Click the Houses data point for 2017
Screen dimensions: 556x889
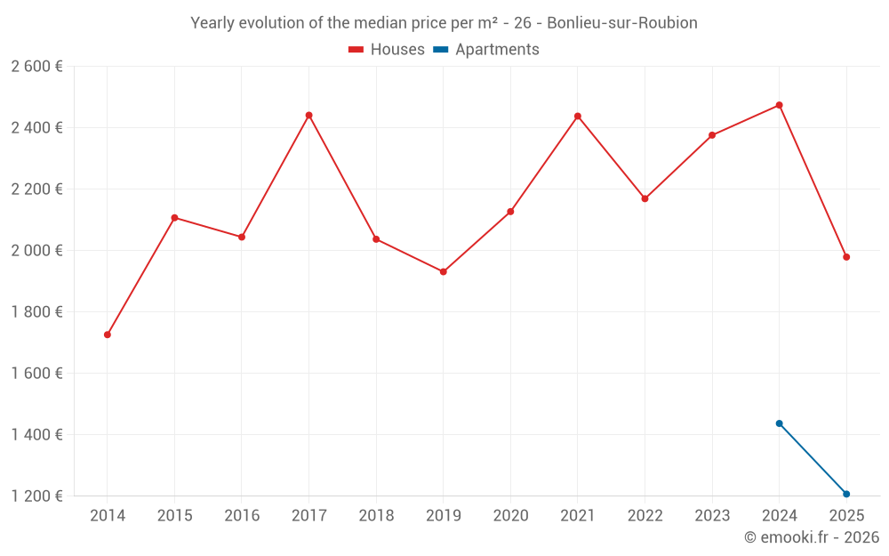[308, 115]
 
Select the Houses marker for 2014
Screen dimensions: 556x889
[108, 334]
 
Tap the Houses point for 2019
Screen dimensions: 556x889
[444, 271]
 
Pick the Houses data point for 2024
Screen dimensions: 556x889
[779, 105]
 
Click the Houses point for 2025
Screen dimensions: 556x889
[846, 257]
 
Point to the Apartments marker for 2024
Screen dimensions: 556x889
[779, 423]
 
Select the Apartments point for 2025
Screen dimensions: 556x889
[846, 494]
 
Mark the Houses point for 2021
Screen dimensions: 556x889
[578, 116]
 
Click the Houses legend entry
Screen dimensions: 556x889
[387, 50]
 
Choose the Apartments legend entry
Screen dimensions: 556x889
[486, 50]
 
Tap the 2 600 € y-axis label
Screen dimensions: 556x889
[36, 67]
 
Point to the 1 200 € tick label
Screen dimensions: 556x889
[36, 496]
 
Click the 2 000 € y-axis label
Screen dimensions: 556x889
[36, 251]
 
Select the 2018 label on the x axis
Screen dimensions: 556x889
[376, 516]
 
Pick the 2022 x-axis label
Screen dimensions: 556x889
[645, 516]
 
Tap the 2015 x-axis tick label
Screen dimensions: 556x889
[174, 516]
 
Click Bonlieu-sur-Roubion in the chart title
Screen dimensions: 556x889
[621, 23]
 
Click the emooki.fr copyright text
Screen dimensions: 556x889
[811, 537]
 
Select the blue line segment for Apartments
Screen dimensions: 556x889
[813, 459]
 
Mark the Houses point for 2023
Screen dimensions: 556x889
[712, 135]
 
